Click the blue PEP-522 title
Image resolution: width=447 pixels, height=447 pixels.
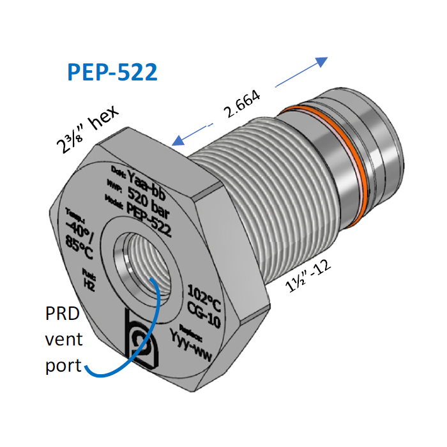[112, 72]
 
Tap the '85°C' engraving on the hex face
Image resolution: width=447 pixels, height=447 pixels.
[78, 246]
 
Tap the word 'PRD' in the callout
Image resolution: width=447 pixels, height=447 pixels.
[62, 314]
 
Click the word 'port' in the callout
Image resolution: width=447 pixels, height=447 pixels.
[62, 365]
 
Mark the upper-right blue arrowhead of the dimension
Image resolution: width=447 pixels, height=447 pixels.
[321, 62]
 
